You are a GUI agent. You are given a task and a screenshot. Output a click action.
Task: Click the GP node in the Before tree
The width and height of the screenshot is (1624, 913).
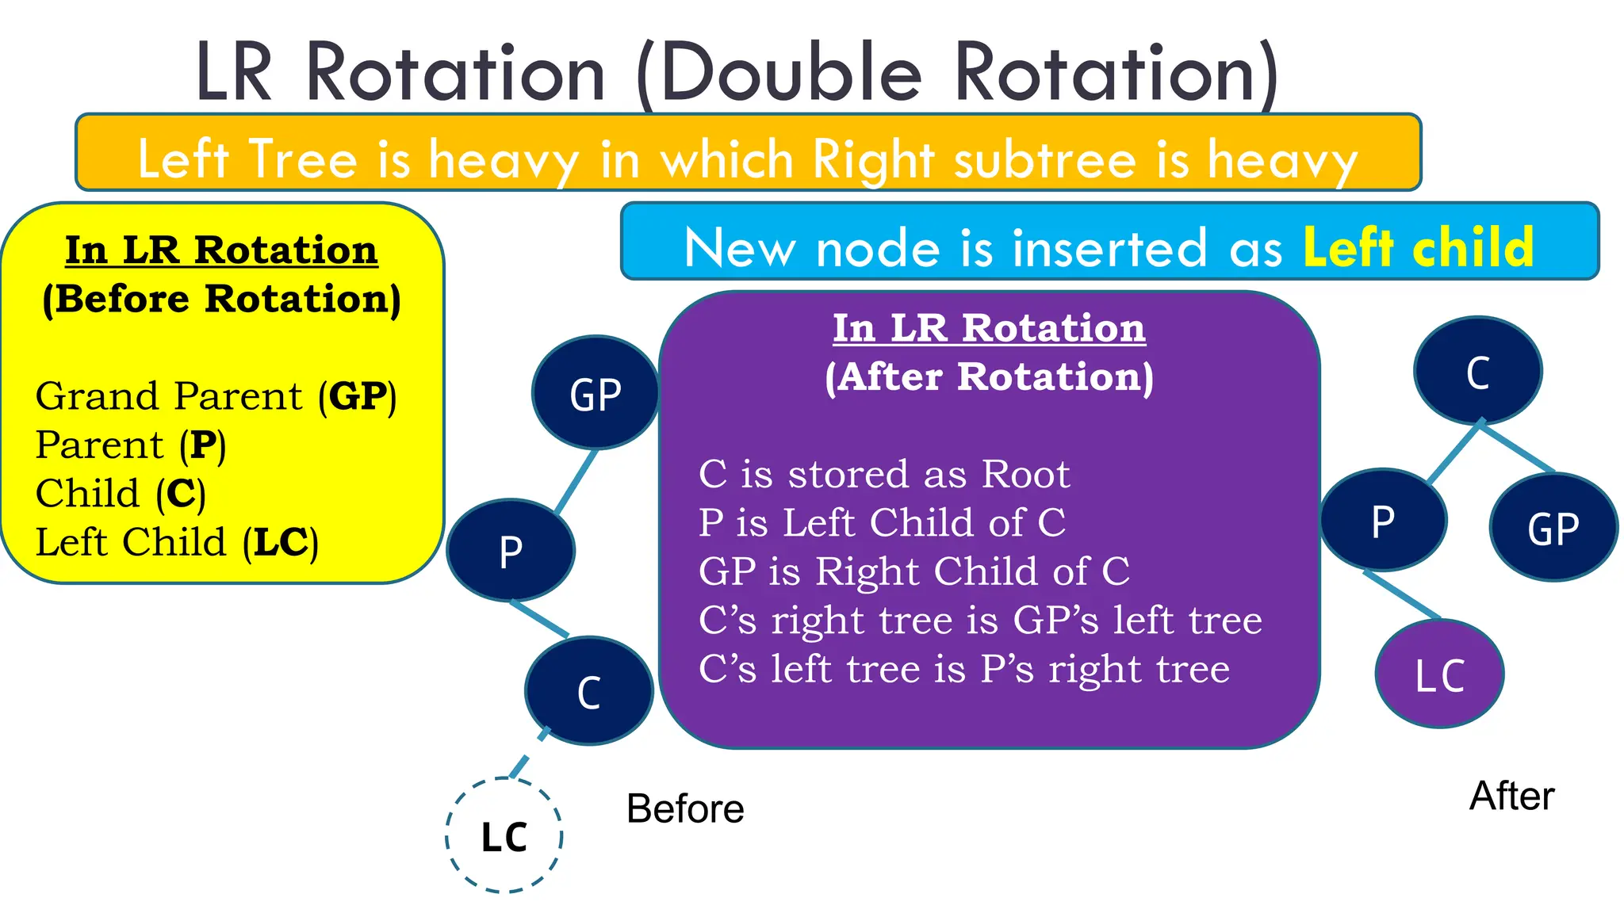[595, 393]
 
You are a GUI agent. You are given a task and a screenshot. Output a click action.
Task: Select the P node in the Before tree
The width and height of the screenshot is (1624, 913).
[511, 550]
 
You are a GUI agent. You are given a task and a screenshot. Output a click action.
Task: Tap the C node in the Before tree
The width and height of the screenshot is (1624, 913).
[588, 691]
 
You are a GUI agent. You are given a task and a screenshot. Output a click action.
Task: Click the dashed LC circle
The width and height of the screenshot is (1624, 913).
[504, 836]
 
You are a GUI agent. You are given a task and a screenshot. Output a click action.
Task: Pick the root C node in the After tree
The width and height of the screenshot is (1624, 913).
[1477, 371]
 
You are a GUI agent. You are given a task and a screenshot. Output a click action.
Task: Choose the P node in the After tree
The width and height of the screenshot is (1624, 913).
[1383, 521]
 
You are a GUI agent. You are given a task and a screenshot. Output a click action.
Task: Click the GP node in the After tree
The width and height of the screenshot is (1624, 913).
[1553, 528]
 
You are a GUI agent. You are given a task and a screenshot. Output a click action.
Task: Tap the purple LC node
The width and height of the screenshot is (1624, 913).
[1439, 674]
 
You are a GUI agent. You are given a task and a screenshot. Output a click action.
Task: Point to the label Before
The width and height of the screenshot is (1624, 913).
[685, 808]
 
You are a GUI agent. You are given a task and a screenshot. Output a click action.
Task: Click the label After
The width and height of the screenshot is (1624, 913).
[1511, 796]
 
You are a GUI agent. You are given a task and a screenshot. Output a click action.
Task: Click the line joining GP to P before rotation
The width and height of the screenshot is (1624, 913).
[576, 481]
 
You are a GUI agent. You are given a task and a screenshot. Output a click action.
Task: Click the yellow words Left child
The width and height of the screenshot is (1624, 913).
[1418, 247]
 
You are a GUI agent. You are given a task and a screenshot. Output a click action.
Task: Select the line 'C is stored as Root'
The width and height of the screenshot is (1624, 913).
[884, 474]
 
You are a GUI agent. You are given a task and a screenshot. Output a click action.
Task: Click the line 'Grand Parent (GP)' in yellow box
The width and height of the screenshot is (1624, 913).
[216, 395]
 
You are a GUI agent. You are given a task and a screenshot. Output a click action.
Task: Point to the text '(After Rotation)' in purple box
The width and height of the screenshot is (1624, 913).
[989, 376]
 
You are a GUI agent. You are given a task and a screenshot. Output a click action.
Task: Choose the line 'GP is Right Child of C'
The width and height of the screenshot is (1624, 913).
[913, 571]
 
